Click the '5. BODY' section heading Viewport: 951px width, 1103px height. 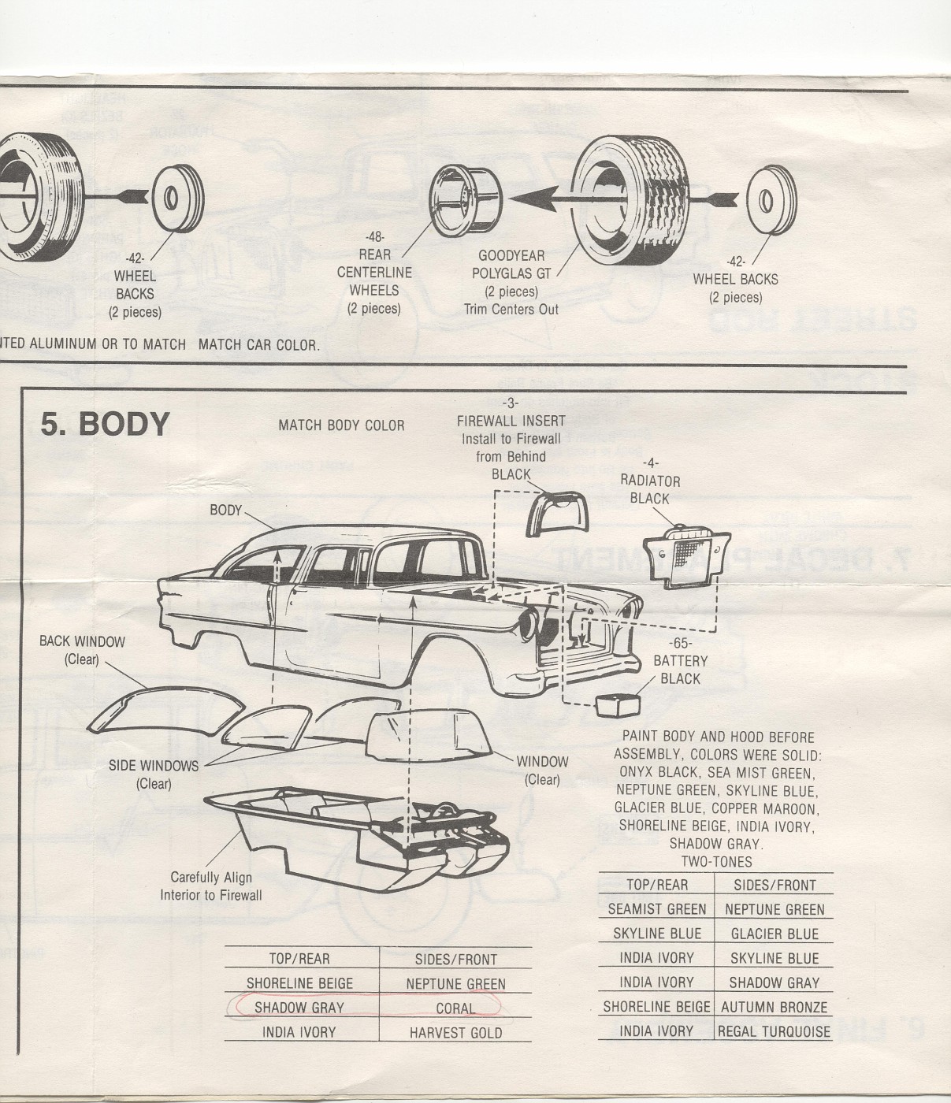click(x=105, y=424)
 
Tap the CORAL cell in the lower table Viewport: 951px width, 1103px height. click(x=455, y=1008)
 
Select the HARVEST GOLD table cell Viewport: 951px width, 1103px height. click(x=455, y=1032)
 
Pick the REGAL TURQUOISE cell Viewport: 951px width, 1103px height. click(x=774, y=1031)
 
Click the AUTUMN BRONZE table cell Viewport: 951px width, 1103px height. click(x=774, y=1007)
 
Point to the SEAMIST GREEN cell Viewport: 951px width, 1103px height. click(x=657, y=909)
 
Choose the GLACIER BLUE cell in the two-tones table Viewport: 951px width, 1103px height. click(x=774, y=934)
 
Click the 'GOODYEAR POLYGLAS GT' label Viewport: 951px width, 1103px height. click(x=511, y=264)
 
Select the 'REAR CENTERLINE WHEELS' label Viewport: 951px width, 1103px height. click(x=374, y=272)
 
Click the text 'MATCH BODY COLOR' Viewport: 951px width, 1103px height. click(x=341, y=425)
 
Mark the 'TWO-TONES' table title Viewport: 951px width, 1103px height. click(x=716, y=862)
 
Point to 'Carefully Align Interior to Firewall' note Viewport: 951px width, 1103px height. click(x=211, y=886)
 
